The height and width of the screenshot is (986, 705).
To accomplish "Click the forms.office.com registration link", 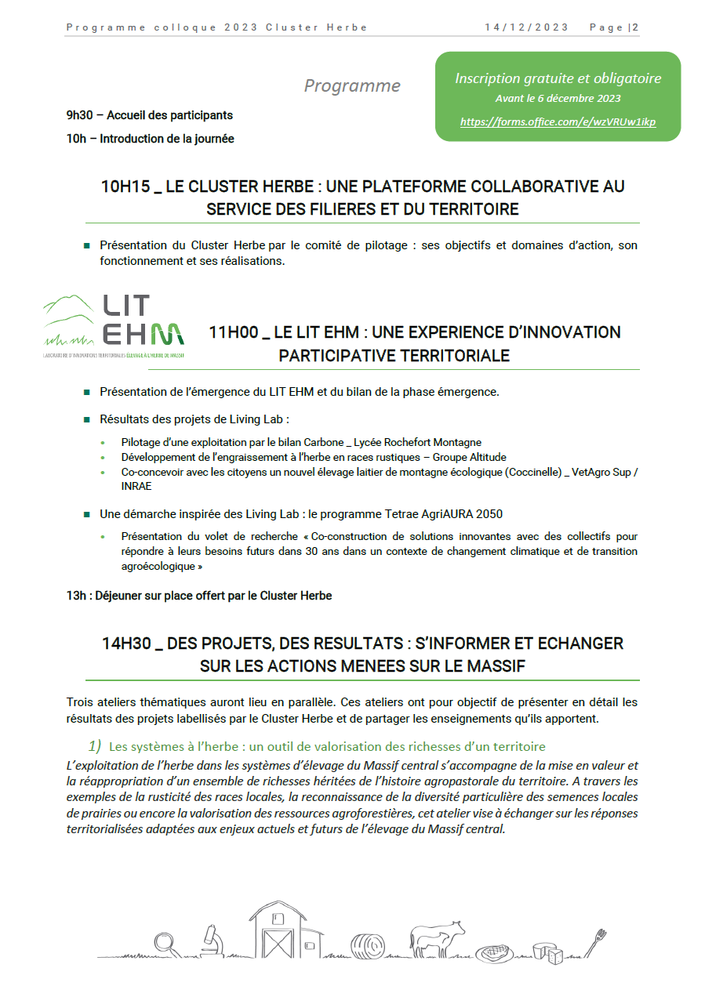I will click(x=558, y=122).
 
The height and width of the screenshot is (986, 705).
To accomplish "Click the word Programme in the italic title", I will click(x=352, y=86).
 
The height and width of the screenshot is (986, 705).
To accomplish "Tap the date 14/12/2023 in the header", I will click(x=526, y=27).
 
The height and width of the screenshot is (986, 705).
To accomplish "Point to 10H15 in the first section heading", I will click(x=125, y=187).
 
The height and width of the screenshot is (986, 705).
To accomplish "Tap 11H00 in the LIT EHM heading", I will click(x=233, y=332).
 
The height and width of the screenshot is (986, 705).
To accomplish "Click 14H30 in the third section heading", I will click(x=126, y=643).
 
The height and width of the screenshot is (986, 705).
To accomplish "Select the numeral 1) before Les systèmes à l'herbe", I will click(x=94, y=745).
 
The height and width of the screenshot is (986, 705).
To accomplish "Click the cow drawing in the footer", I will click(x=439, y=937).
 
